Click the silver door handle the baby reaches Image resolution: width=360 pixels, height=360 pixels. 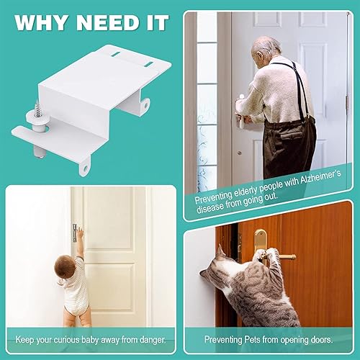(x=74, y=230)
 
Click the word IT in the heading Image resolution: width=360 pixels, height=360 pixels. (x=156, y=22)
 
